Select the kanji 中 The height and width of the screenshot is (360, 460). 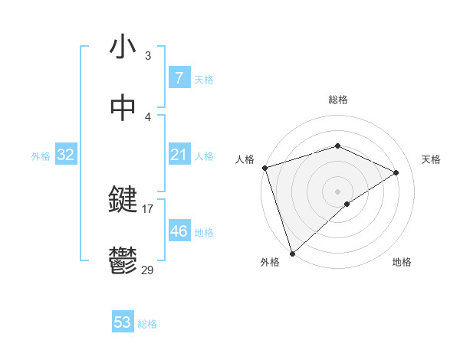(123, 109)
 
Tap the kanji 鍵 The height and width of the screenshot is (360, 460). (123, 201)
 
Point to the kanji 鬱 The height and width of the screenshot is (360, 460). (123, 260)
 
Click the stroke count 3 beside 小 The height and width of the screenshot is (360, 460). (148, 56)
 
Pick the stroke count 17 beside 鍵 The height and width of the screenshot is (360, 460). (148, 208)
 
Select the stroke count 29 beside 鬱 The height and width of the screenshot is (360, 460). (148, 269)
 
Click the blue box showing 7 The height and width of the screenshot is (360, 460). (179, 78)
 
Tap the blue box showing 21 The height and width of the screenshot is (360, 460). (179, 155)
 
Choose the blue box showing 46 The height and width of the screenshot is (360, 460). (179, 231)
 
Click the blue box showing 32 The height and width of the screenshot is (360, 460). (65, 155)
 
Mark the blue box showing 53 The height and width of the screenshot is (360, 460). (122, 322)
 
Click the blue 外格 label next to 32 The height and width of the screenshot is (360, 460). (41, 156)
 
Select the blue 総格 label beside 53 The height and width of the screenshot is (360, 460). (147, 324)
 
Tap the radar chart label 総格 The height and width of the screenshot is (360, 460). (337, 100)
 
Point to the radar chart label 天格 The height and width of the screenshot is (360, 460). (432, 159)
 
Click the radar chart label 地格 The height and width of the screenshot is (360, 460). (402, 262)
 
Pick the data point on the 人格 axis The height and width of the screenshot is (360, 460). (264, 168)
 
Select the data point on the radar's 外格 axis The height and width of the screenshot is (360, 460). (292, 253)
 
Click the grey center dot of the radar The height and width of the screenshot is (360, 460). (337, 191)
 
